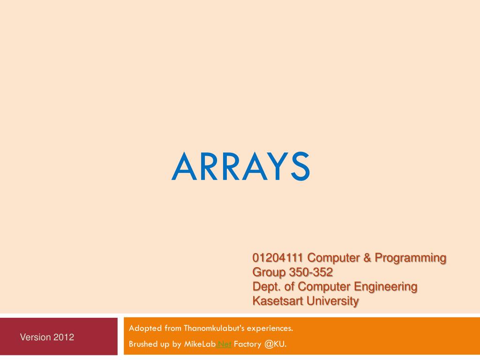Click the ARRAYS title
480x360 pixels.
pos(240,167)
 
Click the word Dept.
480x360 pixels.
pos(265,286)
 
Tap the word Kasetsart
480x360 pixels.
pos(278,300)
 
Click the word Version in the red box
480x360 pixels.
pos(35,337)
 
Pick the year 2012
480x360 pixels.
pos(63,337)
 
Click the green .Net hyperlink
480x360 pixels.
pos(224,345)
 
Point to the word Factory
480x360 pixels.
pos(247,345)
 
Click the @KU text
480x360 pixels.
pos(275,345)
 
